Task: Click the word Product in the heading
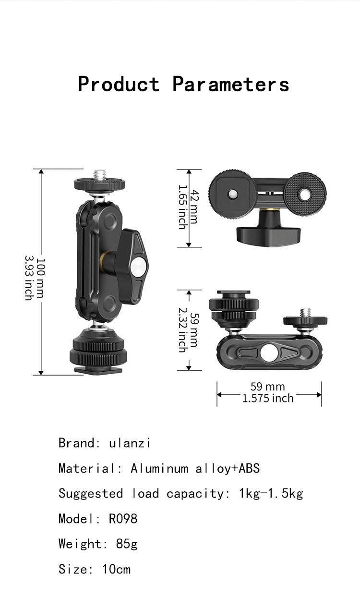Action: (119, 84)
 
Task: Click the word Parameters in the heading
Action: (231, 84)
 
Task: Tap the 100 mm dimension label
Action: (40, 278)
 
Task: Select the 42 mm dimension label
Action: (194, 207)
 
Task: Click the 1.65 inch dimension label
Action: (182, 207)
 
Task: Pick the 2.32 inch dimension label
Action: (182, 330)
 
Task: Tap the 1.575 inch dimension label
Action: (268, 398)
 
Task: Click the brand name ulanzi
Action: (129, 443)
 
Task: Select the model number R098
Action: (123, 518)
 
